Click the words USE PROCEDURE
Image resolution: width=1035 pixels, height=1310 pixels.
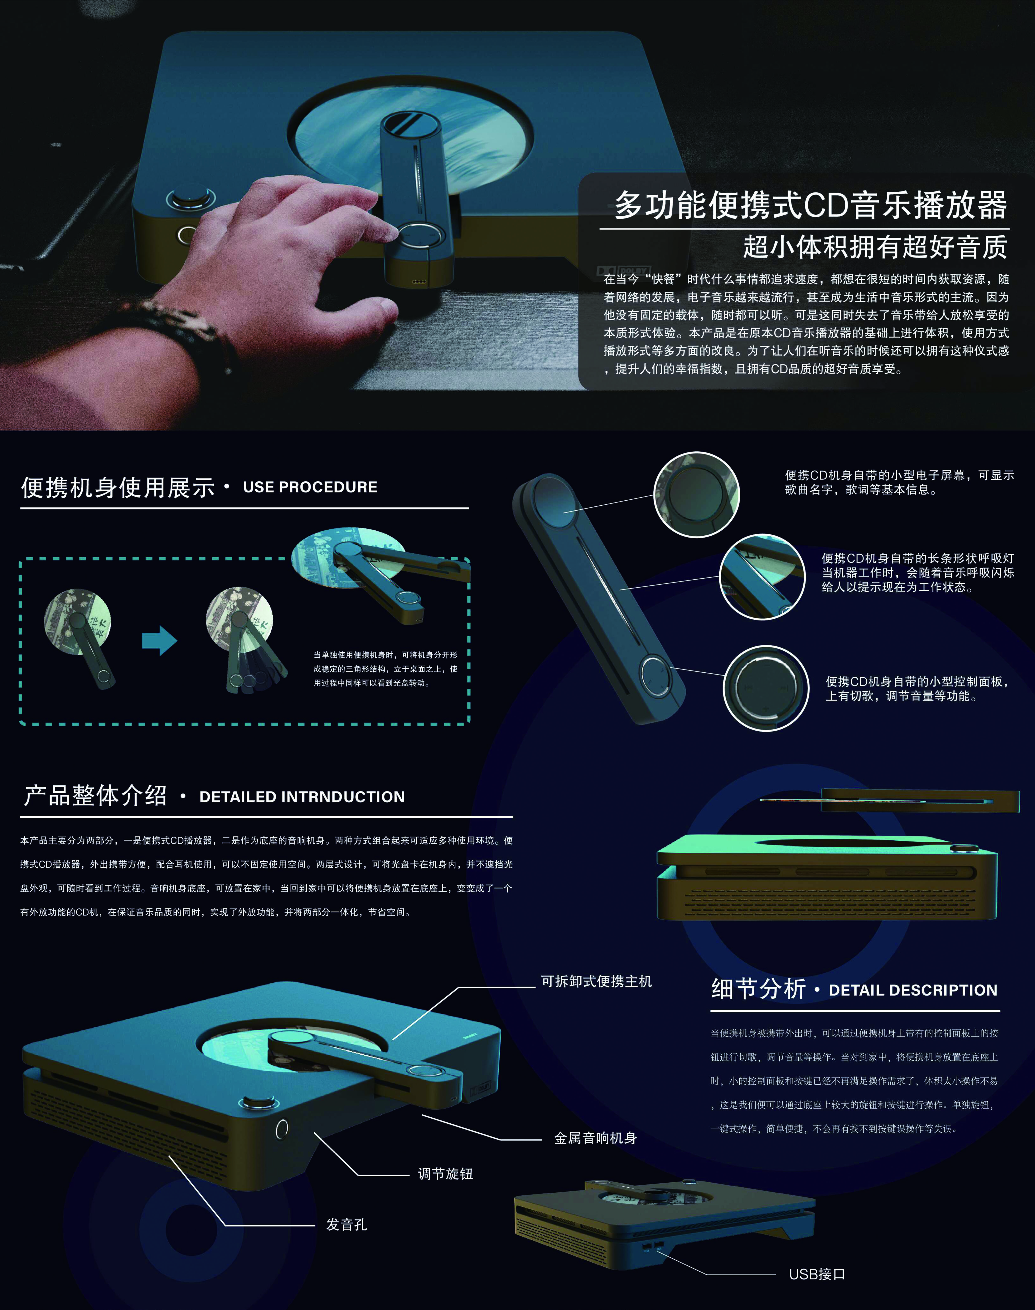click(x=310, y=487)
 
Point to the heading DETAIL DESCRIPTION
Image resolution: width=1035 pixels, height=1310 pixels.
click(x=913, y=990)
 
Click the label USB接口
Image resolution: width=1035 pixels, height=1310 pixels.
click(x=817, y=1274)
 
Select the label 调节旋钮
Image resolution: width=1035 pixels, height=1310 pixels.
click(x=445, y=1174)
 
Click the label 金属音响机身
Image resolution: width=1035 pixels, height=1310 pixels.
click(x=596, y=1138)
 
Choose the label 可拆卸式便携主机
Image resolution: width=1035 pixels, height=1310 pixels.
click(x=596, y=981)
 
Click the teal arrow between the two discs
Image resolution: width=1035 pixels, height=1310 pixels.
click(x=159, y=641)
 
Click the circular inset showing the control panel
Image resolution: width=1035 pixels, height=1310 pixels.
click(x=766, y=688)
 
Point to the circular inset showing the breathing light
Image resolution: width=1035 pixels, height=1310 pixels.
click(x=762, y=577)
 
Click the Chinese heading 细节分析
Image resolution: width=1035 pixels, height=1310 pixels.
click(x=759, y=989)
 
